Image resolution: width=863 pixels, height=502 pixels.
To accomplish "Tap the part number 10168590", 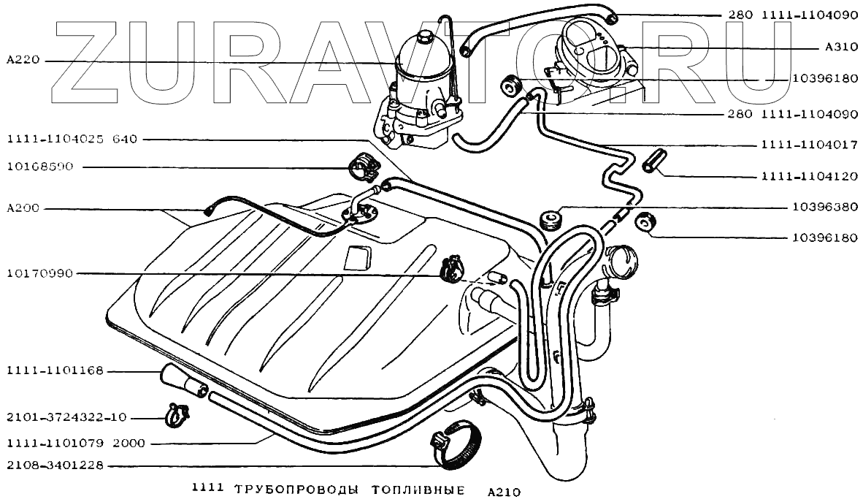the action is pyautogui.click(x=40, y=167).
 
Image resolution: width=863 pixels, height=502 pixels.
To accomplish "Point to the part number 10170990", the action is pyautogui.click(x=40, y=274).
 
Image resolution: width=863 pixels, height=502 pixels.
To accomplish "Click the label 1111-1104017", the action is pyautogui.click(x=809, y=145).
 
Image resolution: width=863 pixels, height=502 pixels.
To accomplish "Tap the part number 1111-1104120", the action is pyautogui.click(x=809, y=176).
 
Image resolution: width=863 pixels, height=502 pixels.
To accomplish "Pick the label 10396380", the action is pyautogui.click(x=824, y=207).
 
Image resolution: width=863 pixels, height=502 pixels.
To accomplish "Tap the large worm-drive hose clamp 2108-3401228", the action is pyautogui.click(x=456, y=445).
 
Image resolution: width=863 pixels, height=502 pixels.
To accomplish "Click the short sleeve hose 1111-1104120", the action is pyautogui.click(x=653, y=161).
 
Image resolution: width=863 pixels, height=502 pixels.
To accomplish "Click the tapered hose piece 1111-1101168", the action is pyautogui.click(x=179, y=381).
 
